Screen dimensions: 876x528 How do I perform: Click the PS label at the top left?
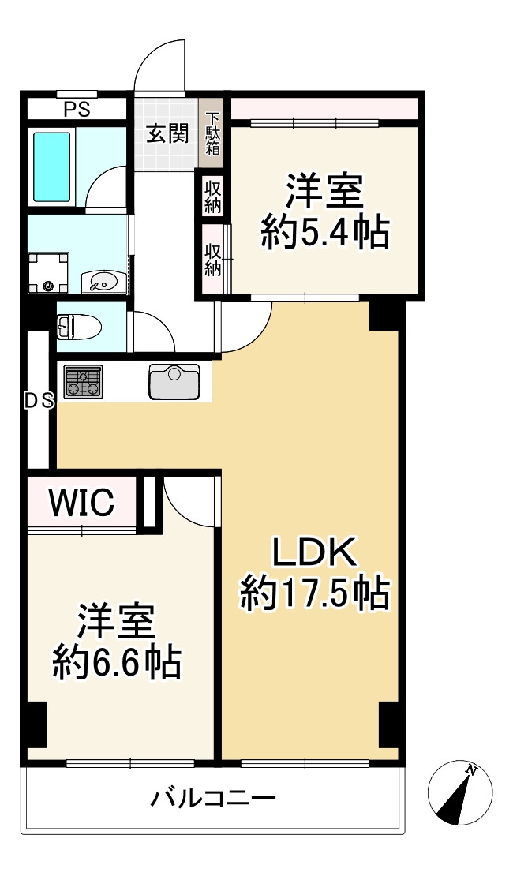point(77,109)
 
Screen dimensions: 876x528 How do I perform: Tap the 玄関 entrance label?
point(167,133)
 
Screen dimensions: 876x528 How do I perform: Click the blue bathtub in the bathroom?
point(53,166)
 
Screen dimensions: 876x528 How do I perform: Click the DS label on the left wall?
point(37,401)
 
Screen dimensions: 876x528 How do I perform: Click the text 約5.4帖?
point(324,234)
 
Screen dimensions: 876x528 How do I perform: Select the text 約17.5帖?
point(315,593)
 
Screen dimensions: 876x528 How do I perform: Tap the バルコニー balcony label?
point(214,799)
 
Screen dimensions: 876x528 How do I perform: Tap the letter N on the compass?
point(470,770)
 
